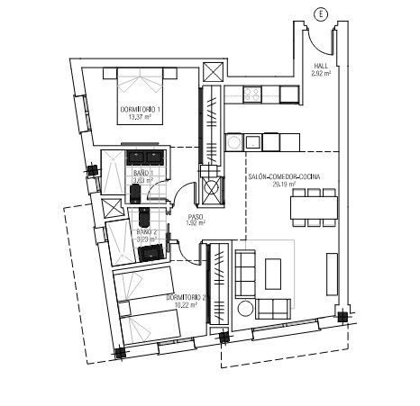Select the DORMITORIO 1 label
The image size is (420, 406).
click(141, 109)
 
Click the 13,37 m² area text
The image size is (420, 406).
click(140, 117)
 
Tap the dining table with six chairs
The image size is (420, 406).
click(314, 208)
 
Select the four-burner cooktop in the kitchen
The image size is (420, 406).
click(251, 94)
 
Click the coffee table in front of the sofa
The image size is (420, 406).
click(273, 272)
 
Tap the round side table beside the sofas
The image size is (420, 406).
click(244, 309)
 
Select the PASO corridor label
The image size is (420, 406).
click(195, 217)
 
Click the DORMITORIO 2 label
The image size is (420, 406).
click(187, 298)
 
